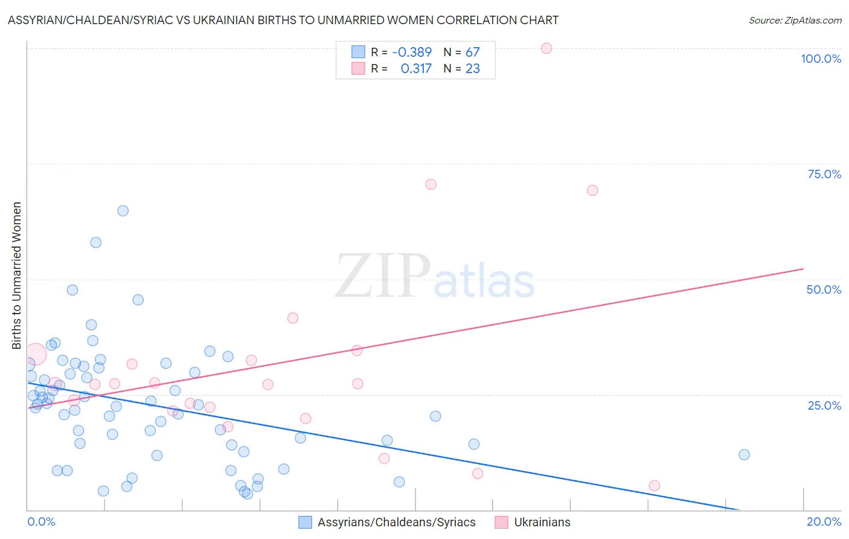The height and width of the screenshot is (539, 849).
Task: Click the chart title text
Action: (283, 20)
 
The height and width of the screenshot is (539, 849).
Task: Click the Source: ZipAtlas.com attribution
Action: (795, 20)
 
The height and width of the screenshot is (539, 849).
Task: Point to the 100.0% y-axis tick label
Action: (821, 59)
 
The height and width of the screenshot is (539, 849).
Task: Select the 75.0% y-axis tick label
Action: (824, 174)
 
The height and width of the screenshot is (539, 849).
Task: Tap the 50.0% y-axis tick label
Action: (824, 289)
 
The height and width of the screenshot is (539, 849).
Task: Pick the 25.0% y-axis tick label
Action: (824, 405)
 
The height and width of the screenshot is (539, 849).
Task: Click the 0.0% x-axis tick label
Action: (41, 521)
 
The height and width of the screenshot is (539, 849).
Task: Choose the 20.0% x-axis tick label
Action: (824, 521)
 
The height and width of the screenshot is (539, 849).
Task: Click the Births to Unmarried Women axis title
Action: (16, 276)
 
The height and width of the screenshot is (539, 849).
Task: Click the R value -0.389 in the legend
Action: (412, 53)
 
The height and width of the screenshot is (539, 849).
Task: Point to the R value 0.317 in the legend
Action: (416, 69)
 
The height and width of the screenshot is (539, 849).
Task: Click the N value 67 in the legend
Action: (472, 53)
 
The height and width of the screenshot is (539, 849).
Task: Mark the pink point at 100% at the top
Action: (546, 48)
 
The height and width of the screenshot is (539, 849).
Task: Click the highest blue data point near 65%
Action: (123, 211)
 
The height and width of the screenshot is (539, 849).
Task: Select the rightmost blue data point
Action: (744, 454)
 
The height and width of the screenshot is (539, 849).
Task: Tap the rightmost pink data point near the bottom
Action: (654, 485)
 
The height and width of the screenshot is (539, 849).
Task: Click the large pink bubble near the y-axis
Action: (35, 353)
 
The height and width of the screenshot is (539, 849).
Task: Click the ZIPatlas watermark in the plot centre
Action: (435, 277)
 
